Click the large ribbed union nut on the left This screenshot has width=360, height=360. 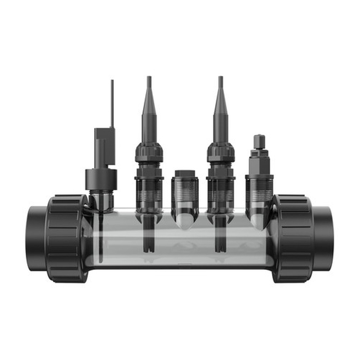(x=67, y=238)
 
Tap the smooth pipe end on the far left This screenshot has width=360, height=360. (x=36, y=238)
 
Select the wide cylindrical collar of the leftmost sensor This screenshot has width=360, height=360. (x=101, y=179)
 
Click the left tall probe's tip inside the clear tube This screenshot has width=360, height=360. (x=149, y=243)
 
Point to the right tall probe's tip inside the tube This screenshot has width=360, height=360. (x=220, y=243)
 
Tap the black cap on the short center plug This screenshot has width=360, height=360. (x=185, y=174)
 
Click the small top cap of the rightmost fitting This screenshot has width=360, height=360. (x=259, y=142)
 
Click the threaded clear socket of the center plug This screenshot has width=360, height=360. (x=185, y=193)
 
